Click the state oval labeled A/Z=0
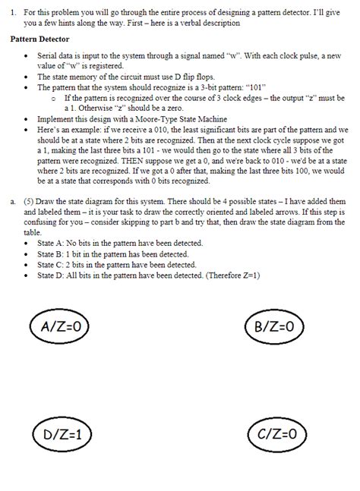coord(59,328)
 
